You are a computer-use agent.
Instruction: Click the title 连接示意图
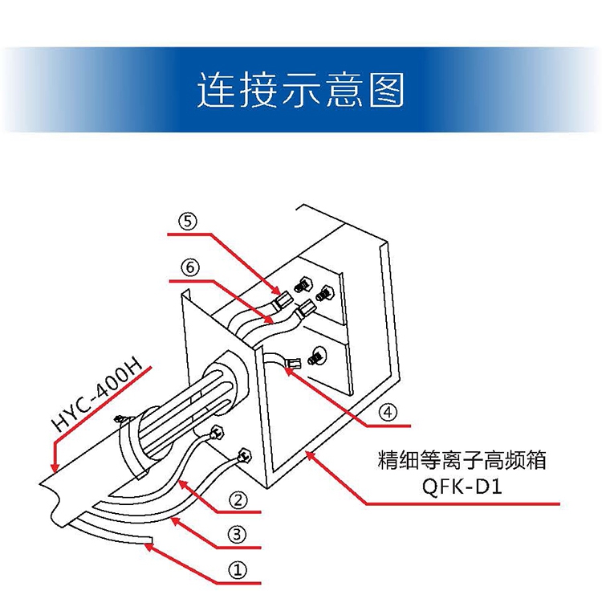coord(301,90)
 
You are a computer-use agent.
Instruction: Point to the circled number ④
coord(388,412)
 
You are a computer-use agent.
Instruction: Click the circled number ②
coord(238,499)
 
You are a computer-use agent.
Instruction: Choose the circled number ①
coord(238,569)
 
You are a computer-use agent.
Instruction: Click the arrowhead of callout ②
coord(182,483)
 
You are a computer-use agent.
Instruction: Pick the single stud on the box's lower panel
coord(318,354)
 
